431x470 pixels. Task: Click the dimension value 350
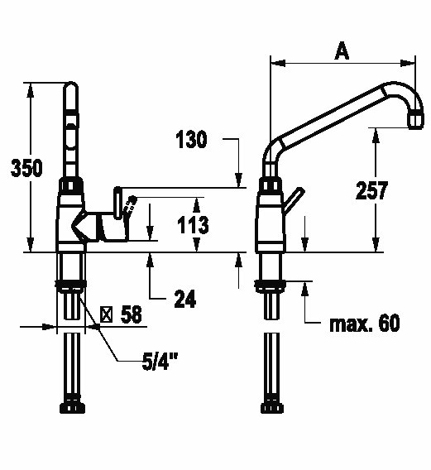click(26, 168)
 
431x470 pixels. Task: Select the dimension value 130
click(191, 139)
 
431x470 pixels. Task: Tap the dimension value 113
click(193, 225)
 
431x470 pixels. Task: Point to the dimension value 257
click(371, 190)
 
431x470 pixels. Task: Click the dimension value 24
click(185, 299)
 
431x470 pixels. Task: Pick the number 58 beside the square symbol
click(131, 314)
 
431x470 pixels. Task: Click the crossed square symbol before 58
click(106, 314)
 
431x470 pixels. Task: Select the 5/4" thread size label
click(160, 362)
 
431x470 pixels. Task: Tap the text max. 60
click(365, 323)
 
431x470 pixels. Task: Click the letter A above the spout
click(342, 51)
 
